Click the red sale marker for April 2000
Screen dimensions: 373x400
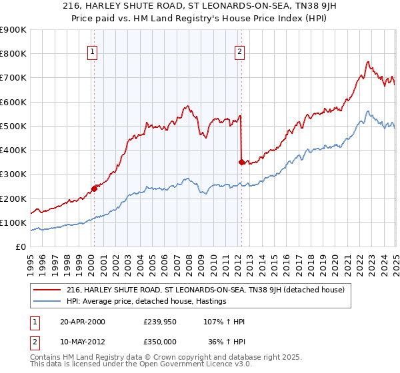[x=94, y=188]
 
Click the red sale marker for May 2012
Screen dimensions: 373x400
[x=241, y=161]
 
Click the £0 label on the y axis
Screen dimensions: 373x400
[x=21, y=247]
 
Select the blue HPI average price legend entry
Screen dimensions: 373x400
[x=147, y=301]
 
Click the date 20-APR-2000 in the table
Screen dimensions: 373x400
[x=82, y=322]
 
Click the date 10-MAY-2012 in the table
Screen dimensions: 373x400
[x=82, y=342]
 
